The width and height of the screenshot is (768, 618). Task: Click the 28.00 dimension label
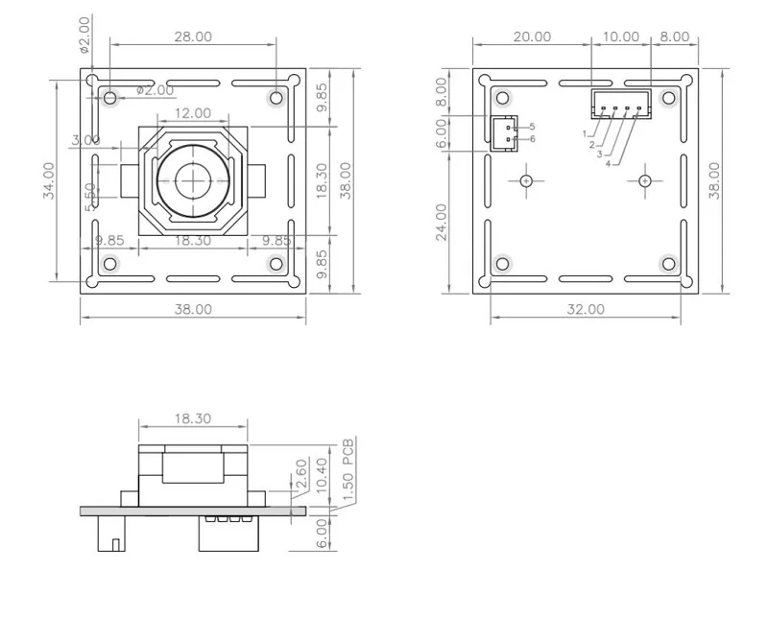tap(192, 36)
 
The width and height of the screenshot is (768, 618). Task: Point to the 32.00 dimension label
tap(586, 309)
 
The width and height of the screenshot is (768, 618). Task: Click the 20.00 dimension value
tap(532, 36)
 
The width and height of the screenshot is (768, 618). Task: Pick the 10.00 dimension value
tap(620, 36)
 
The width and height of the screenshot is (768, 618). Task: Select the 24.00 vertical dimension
tap(443, 222)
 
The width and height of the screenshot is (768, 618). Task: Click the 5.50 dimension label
tap(89, 196)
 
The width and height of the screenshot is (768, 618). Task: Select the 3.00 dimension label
tap(85, 140)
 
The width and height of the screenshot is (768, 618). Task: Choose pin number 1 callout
tap(585, 133)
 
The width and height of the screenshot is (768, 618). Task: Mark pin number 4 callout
tap(608, 163)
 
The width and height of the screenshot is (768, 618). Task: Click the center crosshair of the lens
tap(194, 178)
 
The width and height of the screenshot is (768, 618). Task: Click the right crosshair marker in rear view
tap(645, 180)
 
